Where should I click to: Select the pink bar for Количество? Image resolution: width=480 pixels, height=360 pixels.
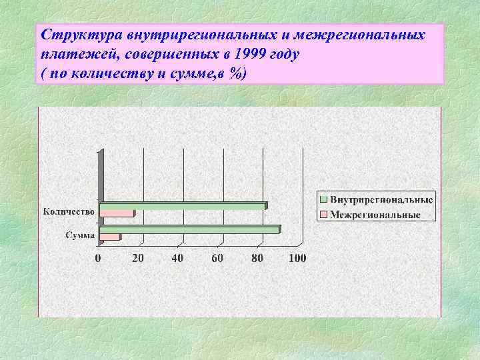[116, 214]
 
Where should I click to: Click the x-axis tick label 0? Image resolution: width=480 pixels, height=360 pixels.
[99, 258]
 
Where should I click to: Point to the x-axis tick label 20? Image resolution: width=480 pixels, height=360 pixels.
[137, 258]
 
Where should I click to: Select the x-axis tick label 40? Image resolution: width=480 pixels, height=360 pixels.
[177, 258]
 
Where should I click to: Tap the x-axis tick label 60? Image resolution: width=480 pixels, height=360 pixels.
[217, 258]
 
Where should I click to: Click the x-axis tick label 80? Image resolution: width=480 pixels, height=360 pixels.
[257, 258]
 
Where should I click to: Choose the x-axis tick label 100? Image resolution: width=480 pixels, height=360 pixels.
[297, 258]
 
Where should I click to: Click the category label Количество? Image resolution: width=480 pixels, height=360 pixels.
[69, 212]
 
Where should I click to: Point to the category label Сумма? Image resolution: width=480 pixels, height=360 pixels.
[79, 235]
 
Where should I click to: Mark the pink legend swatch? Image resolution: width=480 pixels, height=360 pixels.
[323, 215]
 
